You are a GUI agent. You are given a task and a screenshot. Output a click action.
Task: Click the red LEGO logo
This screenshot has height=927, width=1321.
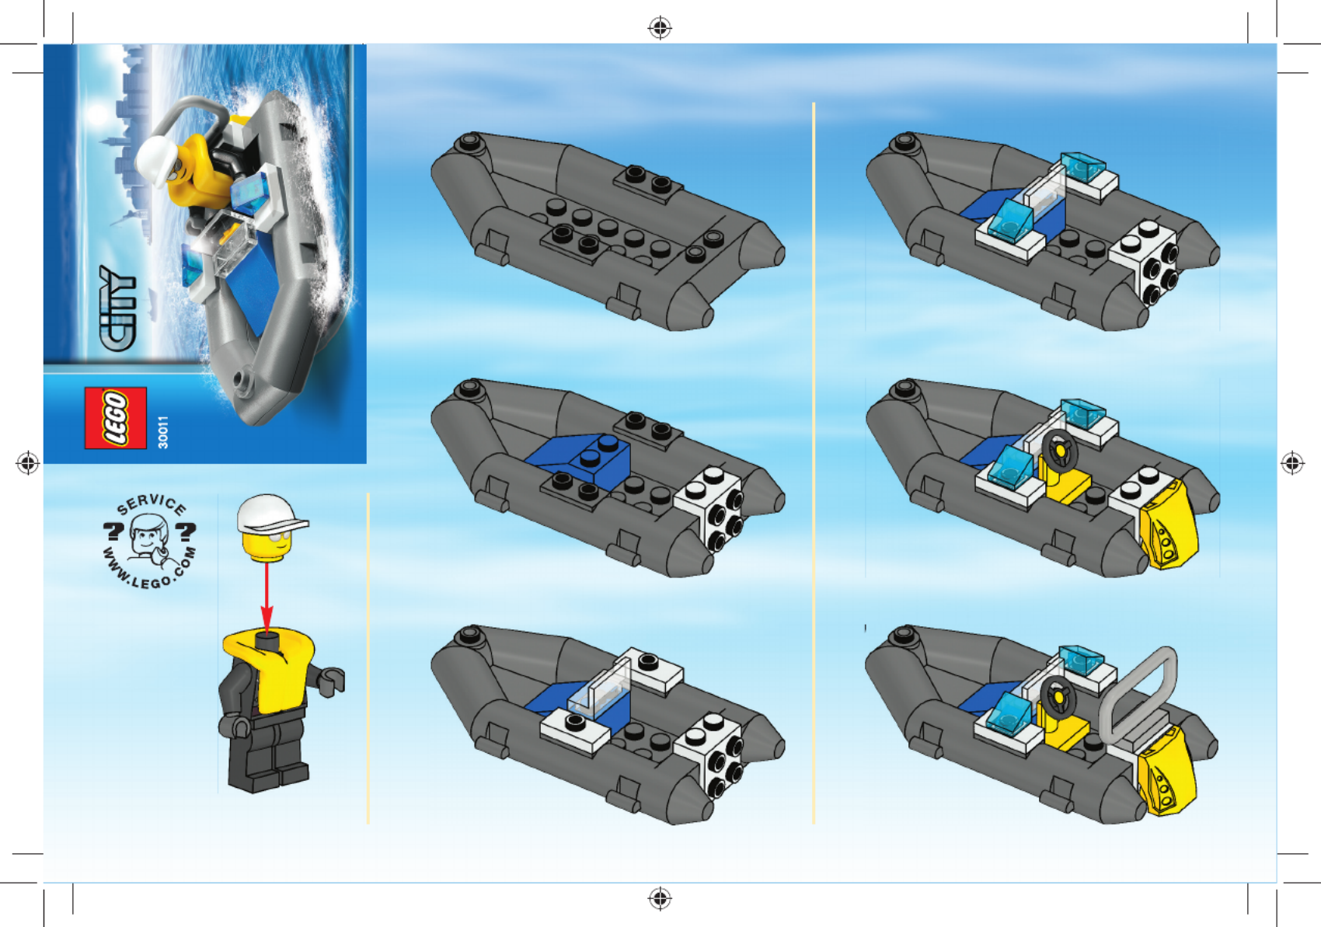pos(116,417)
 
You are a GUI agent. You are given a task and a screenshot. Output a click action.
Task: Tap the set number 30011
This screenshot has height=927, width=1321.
pos(163,432)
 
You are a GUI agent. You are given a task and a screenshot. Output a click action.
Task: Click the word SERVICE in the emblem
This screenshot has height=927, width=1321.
pos(152,504)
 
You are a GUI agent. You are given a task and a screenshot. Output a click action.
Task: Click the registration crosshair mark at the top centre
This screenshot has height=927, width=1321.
pos(660,28)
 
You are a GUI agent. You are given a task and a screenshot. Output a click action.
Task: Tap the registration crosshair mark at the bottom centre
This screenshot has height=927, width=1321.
pos(660,899)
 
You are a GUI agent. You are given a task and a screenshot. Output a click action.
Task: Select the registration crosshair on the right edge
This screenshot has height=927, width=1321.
pos(1292,463)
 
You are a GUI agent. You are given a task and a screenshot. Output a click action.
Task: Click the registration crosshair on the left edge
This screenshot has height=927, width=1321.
pos(28,463)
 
